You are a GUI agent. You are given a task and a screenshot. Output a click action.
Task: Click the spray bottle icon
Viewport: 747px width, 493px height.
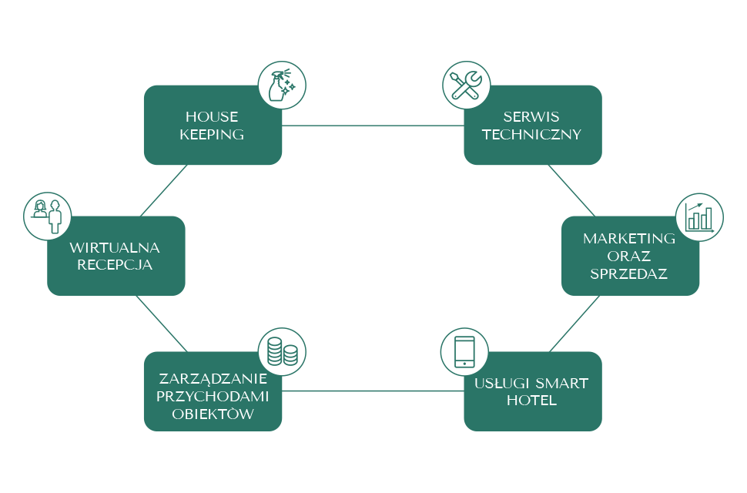coord(281,86)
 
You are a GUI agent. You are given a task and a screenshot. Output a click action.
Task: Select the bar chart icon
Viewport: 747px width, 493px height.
coord(699,217)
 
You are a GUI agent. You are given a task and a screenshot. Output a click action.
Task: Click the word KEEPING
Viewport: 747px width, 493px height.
coord(212,134)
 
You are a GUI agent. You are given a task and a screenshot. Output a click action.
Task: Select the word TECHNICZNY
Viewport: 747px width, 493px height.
coord(531,134)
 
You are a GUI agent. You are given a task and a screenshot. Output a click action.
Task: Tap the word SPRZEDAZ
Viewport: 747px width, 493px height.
coord(628,273)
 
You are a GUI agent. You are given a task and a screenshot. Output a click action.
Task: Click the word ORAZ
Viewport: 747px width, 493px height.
coord(629,256)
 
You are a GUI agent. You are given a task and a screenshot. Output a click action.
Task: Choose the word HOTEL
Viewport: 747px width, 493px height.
coord(532,401)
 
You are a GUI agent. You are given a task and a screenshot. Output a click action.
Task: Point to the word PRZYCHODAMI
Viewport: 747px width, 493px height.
coord(212,397)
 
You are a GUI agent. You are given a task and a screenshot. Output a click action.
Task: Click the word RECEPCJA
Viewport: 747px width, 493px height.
coord(115,265)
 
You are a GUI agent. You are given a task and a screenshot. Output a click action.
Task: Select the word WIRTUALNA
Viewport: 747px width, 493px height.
coord(115,247)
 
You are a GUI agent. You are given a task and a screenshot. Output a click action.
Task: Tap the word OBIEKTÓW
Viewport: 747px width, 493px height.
coord(212,414)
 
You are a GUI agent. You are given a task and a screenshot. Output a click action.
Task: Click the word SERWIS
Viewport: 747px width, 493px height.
coord(531,117)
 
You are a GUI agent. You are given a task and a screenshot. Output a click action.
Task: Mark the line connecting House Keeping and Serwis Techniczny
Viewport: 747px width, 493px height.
coord(373,125)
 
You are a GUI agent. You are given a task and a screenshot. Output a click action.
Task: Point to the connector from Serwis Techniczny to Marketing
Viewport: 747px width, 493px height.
coord(571,189)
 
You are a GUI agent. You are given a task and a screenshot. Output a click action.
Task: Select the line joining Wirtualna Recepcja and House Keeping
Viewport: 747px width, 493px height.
coord(164,190)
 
